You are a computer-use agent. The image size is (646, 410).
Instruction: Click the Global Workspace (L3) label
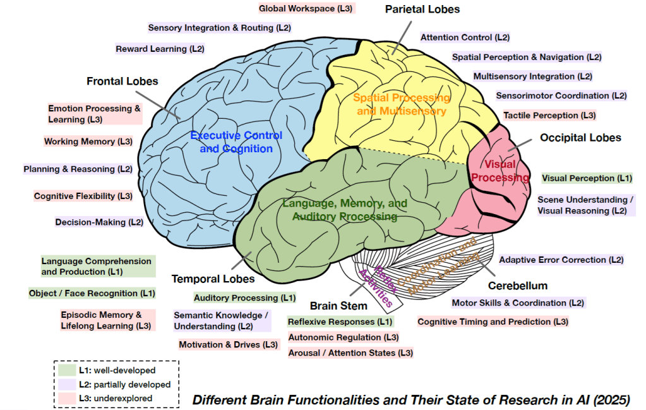click(x=307, y=8)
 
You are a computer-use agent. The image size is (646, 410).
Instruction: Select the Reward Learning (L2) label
click(x=160, y=49)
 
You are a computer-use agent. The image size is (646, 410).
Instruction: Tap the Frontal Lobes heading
click(x=123, y=81)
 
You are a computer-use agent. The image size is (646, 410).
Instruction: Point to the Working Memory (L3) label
click(x=88, y=142)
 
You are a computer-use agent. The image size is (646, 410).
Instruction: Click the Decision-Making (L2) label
click(x=99, y=222)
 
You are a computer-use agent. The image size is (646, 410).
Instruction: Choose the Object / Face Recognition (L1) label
click(x=92, y=293)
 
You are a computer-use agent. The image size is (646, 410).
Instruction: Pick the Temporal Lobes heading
click(x=213, y=279)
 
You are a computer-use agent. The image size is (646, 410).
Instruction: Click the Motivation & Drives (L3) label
click(x=228, y=345)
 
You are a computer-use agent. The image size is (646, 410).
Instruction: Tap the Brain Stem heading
click(x=338, y=306)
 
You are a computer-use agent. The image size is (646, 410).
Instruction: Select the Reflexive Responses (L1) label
click(x=340, y=322)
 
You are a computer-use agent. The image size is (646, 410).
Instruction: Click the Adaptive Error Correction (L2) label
click(x=561, y=260)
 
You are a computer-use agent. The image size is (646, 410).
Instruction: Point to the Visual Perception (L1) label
click(x=587, y=178)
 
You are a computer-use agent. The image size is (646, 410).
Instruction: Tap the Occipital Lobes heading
click(x=580, y=138)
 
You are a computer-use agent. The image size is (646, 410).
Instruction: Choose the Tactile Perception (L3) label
click(x=549, y=116)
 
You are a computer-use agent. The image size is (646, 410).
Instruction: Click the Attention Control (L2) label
click(x=465, y=37)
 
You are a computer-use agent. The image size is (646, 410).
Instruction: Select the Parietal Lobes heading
click(x=422, y=9)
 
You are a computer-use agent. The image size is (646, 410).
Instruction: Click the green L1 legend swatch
click(x=67, y=370)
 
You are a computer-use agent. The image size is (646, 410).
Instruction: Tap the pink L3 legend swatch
click(x=67, y=398)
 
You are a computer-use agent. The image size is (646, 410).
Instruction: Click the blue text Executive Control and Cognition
click(x=236, y=142)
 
